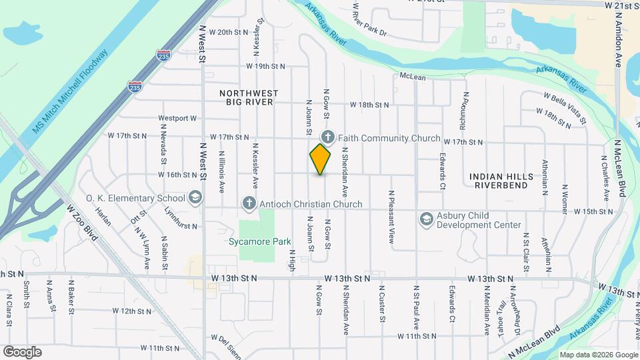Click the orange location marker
pyautogui.click(x=320, y=159)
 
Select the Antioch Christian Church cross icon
pyautogui.click(x=249, y=203)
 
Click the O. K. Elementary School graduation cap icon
pyautogui.click(x=195, y=197)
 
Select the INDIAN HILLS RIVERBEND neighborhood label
pyautogui.click(x=501, y=181)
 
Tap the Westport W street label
pyautogui.click(x=178, y=119)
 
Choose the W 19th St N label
pyautogui.click(x=265, y=66)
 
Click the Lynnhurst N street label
pyautogui.click(x=181, y=217)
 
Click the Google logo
pyautogui.click(x=22, y=352)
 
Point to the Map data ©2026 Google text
pyautogui.click(x=598, y=355)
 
